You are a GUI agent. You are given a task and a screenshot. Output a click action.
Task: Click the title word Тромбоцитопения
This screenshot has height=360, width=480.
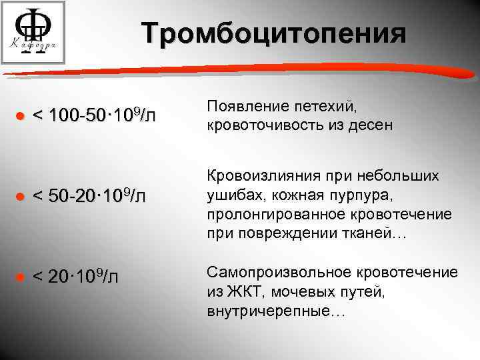click(x=273, y=33)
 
